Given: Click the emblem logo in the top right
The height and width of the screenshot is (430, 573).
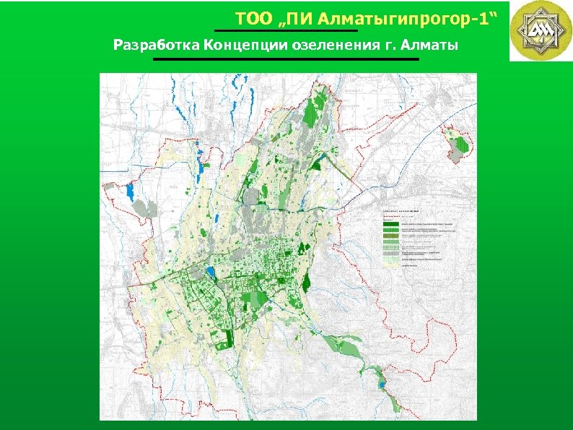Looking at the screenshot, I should click(x=540, y=30).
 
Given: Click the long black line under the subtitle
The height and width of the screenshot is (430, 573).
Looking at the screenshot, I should click(x=286, y=59).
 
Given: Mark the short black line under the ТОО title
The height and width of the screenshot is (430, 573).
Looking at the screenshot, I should click(x=286, y=30).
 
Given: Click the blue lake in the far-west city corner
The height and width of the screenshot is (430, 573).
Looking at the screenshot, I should click(x=130, y=192).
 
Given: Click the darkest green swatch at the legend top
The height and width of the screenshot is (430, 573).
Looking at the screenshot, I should click(x=391, y=224).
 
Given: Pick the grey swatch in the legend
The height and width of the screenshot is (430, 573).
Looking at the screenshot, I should click(x=391, y=253).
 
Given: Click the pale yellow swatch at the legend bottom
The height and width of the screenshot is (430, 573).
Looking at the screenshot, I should click(x=391, y=265).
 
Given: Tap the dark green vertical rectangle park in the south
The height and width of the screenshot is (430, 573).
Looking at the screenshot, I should click(x=229, y=338).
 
